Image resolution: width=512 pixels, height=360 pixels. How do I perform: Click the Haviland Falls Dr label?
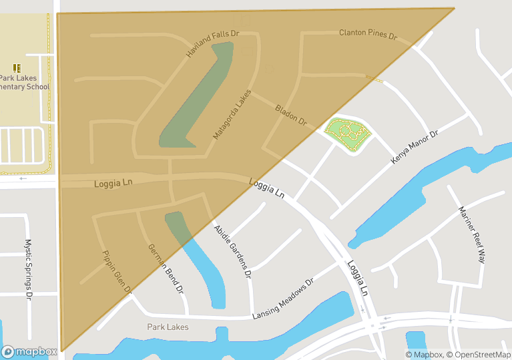pyautogui.click(x=213, y=43)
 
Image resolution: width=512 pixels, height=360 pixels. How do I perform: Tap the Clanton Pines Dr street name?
pyautogui.click(x=368, y=33)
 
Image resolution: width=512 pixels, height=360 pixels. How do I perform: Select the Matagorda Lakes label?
pyautogui.click(x=232, y=114)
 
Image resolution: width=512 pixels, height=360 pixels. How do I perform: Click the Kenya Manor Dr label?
pyautogui.click(x=414, y=148)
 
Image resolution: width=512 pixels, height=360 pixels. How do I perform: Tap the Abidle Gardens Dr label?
pyautogui.click(x=232, y=250)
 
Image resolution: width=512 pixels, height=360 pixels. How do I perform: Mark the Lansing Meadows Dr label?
pyautogui.click(x=283, y=299)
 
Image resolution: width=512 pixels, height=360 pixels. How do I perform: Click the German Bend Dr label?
pyautogui.click(x=166, y=269)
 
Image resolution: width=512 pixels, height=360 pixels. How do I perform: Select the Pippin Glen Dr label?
pyautogui.click(x=117, y=273)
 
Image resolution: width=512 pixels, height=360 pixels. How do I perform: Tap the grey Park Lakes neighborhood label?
pyautogui.click(x=168, y=327)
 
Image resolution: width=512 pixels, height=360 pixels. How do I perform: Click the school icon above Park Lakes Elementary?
pyautogui.click(x=17, y=67)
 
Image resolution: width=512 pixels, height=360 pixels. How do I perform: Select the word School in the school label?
pyautogui.click(x=34, y=87)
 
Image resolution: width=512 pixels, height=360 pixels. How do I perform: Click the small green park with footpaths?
pyautogui.click(x=347, y=134)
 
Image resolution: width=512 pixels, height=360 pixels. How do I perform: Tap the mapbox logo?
pyautogui.click(x=29, y=351)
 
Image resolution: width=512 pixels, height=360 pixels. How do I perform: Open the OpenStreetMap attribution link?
pyautogui.click(x=479, y=355)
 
